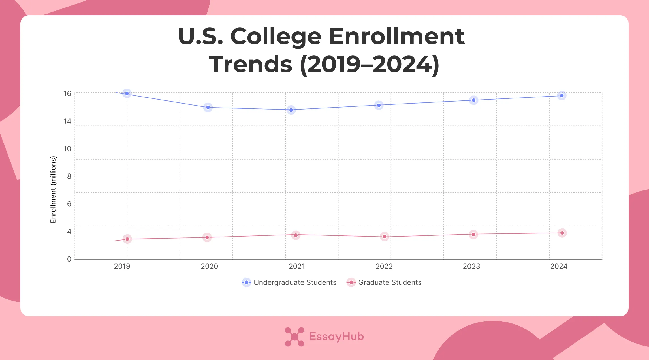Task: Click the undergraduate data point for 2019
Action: point(127,93)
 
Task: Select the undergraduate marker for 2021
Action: point(291,110)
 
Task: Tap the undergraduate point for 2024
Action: point(562,96)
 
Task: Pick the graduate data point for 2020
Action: point(207,237)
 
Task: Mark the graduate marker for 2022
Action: point(385,237)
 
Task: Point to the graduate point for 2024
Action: point(562,233)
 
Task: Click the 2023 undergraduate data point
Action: point(474,100)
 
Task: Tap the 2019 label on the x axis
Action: point(122,266)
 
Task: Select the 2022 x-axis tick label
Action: point(384,266)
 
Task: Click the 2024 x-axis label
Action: point(559,266)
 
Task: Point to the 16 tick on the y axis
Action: point(67,93)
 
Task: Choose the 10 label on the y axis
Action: point(67,149)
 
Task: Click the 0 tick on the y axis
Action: point(69,259)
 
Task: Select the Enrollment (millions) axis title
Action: point(53,189)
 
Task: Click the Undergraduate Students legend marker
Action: point(247,282)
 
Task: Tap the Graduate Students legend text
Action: point(390,282)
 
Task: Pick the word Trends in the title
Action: point(251,64)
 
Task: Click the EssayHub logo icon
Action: point(294,337)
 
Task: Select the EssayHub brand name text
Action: point(336,337)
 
